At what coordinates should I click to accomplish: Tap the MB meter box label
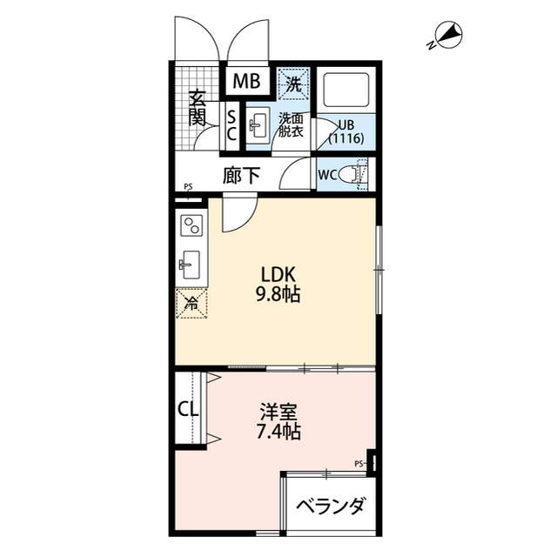tap(246, 83)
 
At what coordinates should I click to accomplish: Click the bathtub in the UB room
tap(346, 91)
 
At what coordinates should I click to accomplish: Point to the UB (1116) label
tap(345, 131)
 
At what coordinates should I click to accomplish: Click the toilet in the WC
tap(352, 174)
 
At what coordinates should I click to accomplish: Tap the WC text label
tap(329, 174)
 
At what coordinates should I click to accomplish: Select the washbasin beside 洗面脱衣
tap(258, 127)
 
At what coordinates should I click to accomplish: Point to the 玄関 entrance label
tap(198, 105)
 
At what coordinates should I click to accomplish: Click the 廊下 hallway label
tap(241, 175)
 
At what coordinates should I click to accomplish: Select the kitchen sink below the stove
tap(191, 262)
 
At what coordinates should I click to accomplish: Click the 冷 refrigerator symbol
tap(191, 305)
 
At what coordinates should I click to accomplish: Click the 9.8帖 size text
tap(277, 296)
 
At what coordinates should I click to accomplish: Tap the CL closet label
tap(188, 408)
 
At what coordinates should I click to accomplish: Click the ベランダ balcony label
tap(329, 506)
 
